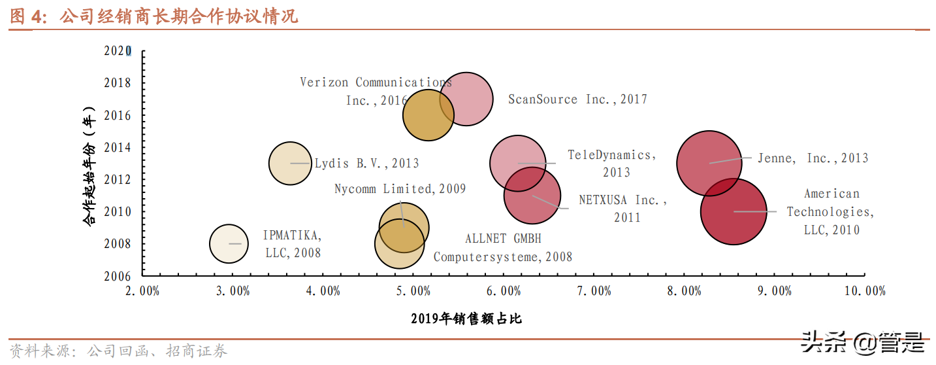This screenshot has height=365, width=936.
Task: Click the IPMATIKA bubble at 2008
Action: click(229, 243)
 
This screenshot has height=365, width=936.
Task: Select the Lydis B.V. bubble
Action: click(290, 163)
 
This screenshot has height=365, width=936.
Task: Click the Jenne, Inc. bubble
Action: click(709, 163)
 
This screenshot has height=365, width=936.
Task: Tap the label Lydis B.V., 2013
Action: click(366, 164)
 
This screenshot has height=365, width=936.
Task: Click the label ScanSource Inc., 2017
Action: click(577, 99)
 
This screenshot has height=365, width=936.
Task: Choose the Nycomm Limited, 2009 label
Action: click(400, 189)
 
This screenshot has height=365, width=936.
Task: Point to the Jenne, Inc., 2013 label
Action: click(813, 158)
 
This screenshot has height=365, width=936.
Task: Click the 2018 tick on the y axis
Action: click(117, 83)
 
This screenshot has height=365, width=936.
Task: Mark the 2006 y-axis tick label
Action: click(117, 275)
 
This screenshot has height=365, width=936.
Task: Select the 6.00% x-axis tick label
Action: click(504, 291)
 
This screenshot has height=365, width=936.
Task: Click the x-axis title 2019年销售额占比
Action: click(466, 319)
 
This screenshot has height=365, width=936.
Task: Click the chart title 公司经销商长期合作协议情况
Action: click(179, 16)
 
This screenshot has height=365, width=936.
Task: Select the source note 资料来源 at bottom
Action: click(118, 351)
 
